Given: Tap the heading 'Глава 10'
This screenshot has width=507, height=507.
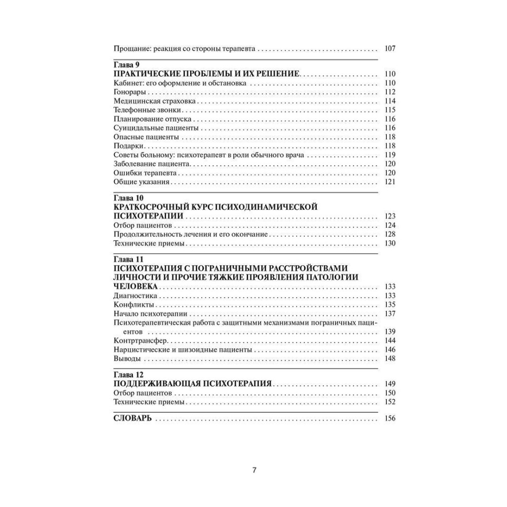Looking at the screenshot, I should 127,198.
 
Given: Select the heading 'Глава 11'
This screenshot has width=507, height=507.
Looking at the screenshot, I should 127,259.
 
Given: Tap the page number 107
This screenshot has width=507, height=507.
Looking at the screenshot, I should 389,49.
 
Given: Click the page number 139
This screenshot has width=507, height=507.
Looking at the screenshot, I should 389,332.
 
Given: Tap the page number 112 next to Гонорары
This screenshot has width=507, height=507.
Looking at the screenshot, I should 389,92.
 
